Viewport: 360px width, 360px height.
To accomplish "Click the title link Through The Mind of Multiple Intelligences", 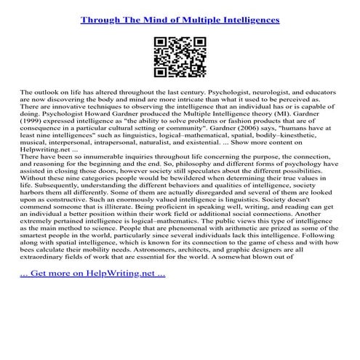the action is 180,20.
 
